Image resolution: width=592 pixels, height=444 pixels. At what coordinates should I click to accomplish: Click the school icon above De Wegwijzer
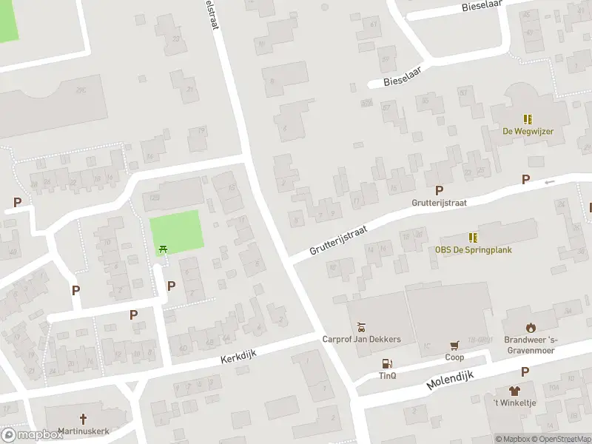[x=528, y=119]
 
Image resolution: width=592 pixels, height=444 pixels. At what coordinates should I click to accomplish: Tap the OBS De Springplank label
[x=473, y=249]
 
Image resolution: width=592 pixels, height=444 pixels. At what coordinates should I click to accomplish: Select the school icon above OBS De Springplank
[x=473, y=238]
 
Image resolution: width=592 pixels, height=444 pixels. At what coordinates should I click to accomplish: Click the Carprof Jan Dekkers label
[x=361, y=340]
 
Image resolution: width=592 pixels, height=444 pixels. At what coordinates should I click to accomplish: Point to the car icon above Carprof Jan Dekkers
[x=361, y=327]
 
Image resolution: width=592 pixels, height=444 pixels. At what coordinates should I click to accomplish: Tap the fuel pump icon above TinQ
[x=387, y=363]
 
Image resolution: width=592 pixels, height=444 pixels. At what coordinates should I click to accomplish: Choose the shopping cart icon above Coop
[x=454, y=346]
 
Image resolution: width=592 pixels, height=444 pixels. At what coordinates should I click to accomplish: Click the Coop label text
[x=454, y=357]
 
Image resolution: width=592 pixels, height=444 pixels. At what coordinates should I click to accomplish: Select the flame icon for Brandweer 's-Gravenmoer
[x=530, y=327]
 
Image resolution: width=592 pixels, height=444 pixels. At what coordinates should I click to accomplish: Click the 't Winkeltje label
[x=515, y=403]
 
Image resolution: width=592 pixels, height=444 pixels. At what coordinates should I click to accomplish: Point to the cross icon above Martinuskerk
[x=83, y=418]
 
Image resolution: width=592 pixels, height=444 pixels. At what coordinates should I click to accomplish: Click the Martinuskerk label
[x=83, y=431]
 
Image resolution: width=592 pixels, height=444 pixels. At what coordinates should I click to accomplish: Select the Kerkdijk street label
[x=238, y=357]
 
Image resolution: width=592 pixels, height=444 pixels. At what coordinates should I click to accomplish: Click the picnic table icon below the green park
[x=163, y=249]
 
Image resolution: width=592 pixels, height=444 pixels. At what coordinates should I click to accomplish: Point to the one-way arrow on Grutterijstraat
[x=549, y=181]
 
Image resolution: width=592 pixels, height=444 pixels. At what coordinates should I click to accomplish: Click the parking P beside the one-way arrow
[x=525, y=179]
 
